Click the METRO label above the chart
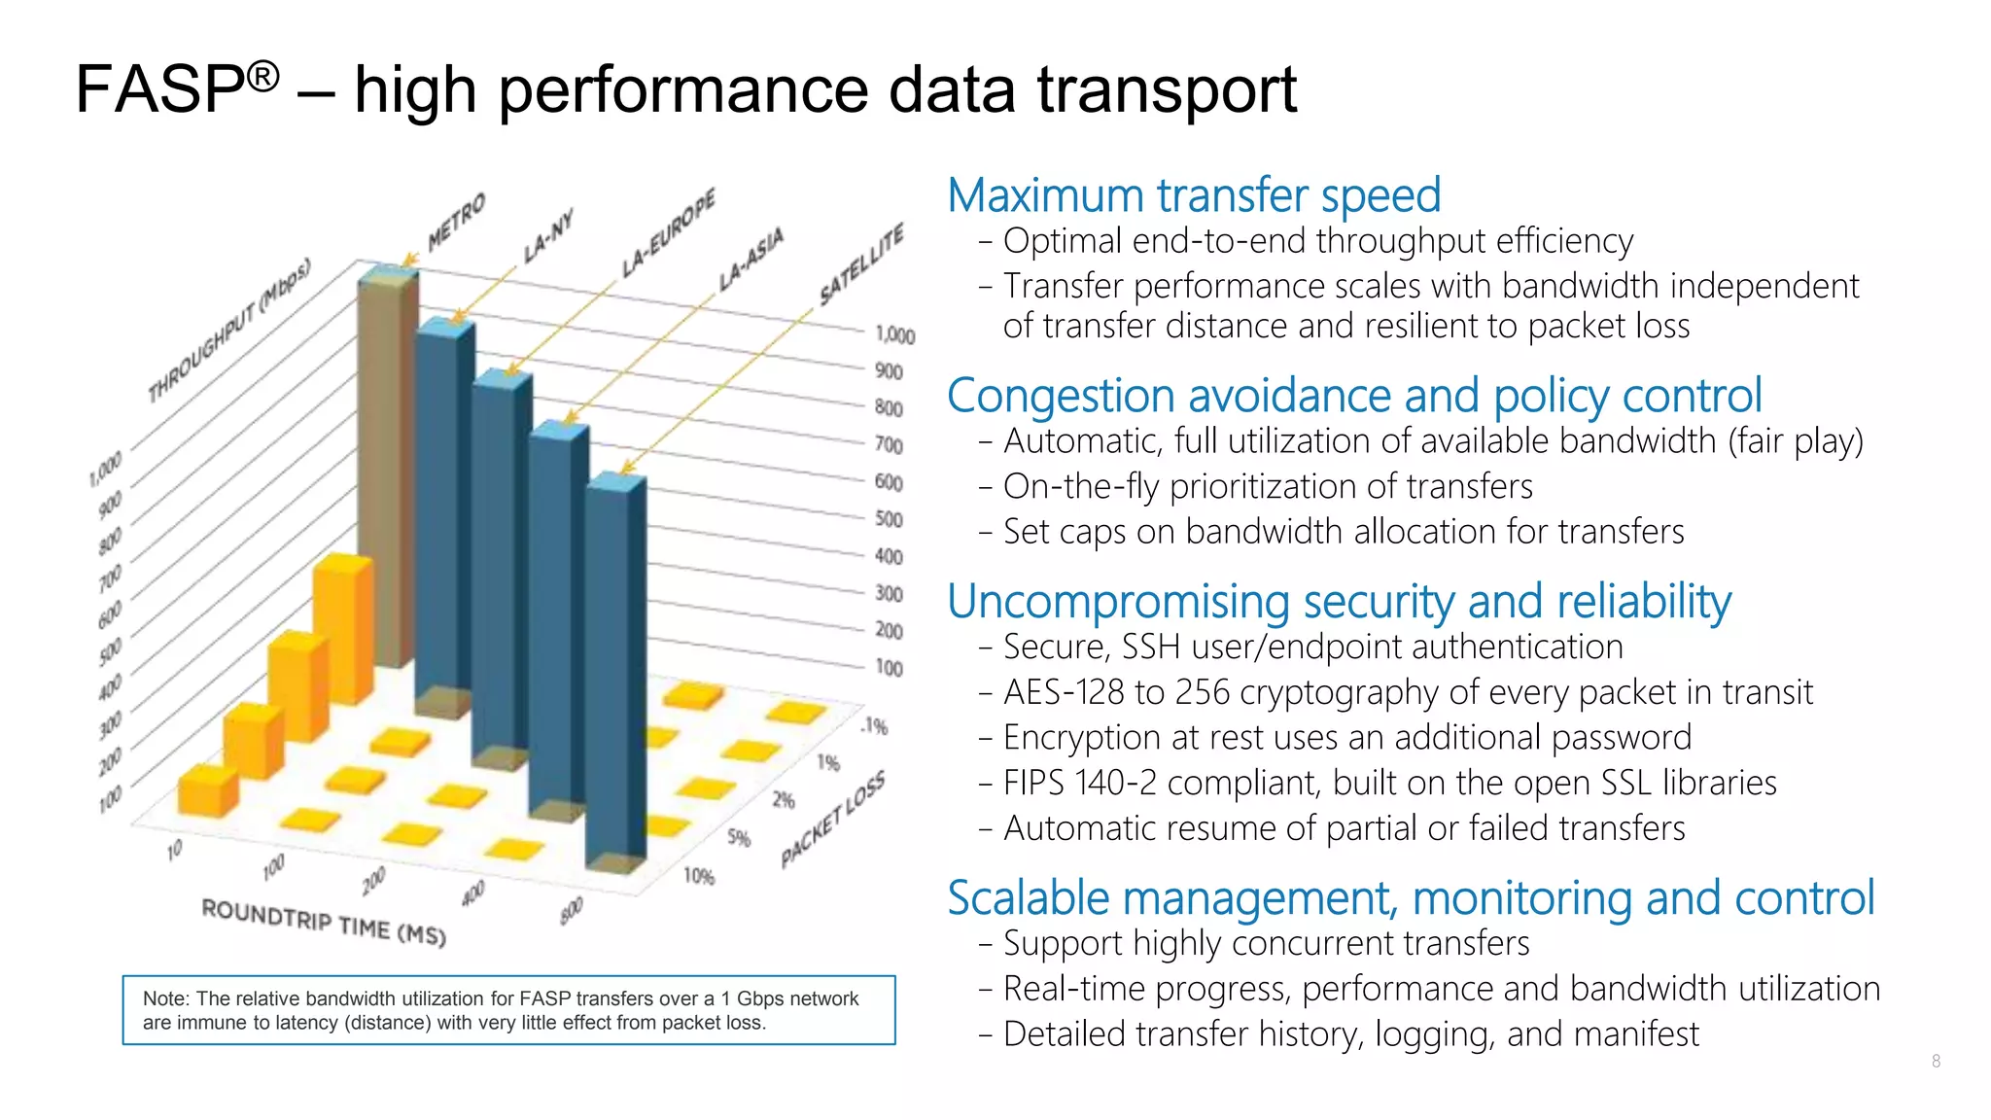[x=456, y=222]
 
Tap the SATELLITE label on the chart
[x=861, y=263]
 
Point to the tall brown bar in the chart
[x=386, y=467]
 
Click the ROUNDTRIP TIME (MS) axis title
[x=324, y=922]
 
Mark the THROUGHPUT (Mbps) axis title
[x=229, y=330]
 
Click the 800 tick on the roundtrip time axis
[x=572, y=910]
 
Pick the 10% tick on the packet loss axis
[x=699, y=876]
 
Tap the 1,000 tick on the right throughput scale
[x=894, y=335]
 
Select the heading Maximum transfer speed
[x=1193, y=195]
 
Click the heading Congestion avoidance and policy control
[x=1353, y=396]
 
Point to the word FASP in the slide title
[x=160, y=89]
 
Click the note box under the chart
[x=508, y=1010]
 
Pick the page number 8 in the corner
[x=1936, y=1061]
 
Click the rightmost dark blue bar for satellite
[x=614, y=671]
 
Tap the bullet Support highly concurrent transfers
[x=1265, y=943]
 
